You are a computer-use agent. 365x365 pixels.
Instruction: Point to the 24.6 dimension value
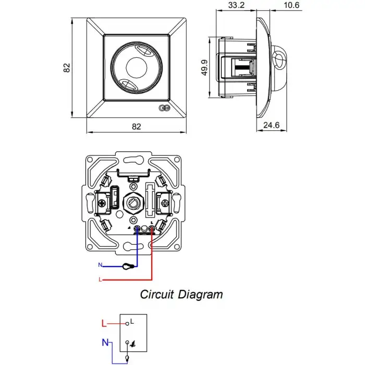(274, 125)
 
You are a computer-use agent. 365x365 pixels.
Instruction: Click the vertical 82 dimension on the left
(66, 68)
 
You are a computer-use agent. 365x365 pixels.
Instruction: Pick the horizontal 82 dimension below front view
(137, 126)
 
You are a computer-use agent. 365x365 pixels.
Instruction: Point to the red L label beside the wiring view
(100, 280)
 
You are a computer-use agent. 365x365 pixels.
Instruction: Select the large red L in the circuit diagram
(104, 324)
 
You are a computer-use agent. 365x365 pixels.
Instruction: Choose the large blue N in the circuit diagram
(105, 343)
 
